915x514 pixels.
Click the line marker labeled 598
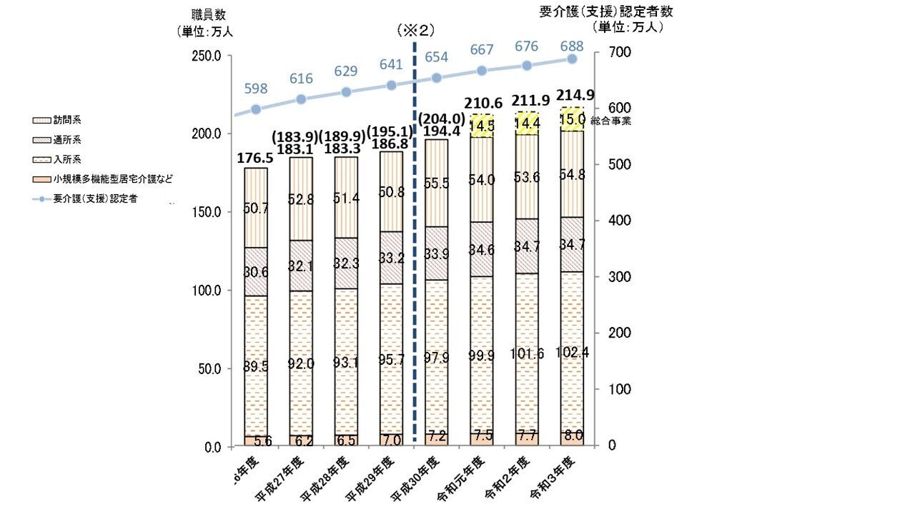click(x=256, y=109)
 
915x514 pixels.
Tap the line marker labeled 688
click(x=572, y=59)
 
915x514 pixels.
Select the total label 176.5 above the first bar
click(x=255, y=157)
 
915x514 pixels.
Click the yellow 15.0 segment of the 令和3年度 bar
click(x=572, y=119)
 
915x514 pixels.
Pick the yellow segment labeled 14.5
click(x=482, y=125)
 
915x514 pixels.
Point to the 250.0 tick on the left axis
click(x=207, y=56)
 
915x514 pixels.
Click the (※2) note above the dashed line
click(x=415, y=31)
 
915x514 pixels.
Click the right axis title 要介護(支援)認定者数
click(x=605, y=11)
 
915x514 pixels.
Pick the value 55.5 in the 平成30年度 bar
click(x=437, y=183)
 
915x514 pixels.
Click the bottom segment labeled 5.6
click(x=255, y=441)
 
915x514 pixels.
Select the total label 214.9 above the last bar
click(x=572, y=96)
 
